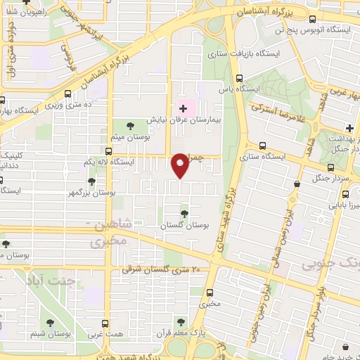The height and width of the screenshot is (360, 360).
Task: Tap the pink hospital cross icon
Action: [x=184, y=108]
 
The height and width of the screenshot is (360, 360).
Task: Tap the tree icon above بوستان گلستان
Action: [x=184, y=213]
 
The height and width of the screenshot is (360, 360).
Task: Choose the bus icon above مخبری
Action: [x=209, y=293]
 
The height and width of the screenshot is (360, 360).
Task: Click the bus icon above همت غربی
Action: [x=105, y=323]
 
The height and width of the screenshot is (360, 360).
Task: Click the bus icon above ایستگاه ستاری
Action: [x=262, y=146]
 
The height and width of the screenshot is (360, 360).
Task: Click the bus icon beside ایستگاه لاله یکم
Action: [x=108, y=150]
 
